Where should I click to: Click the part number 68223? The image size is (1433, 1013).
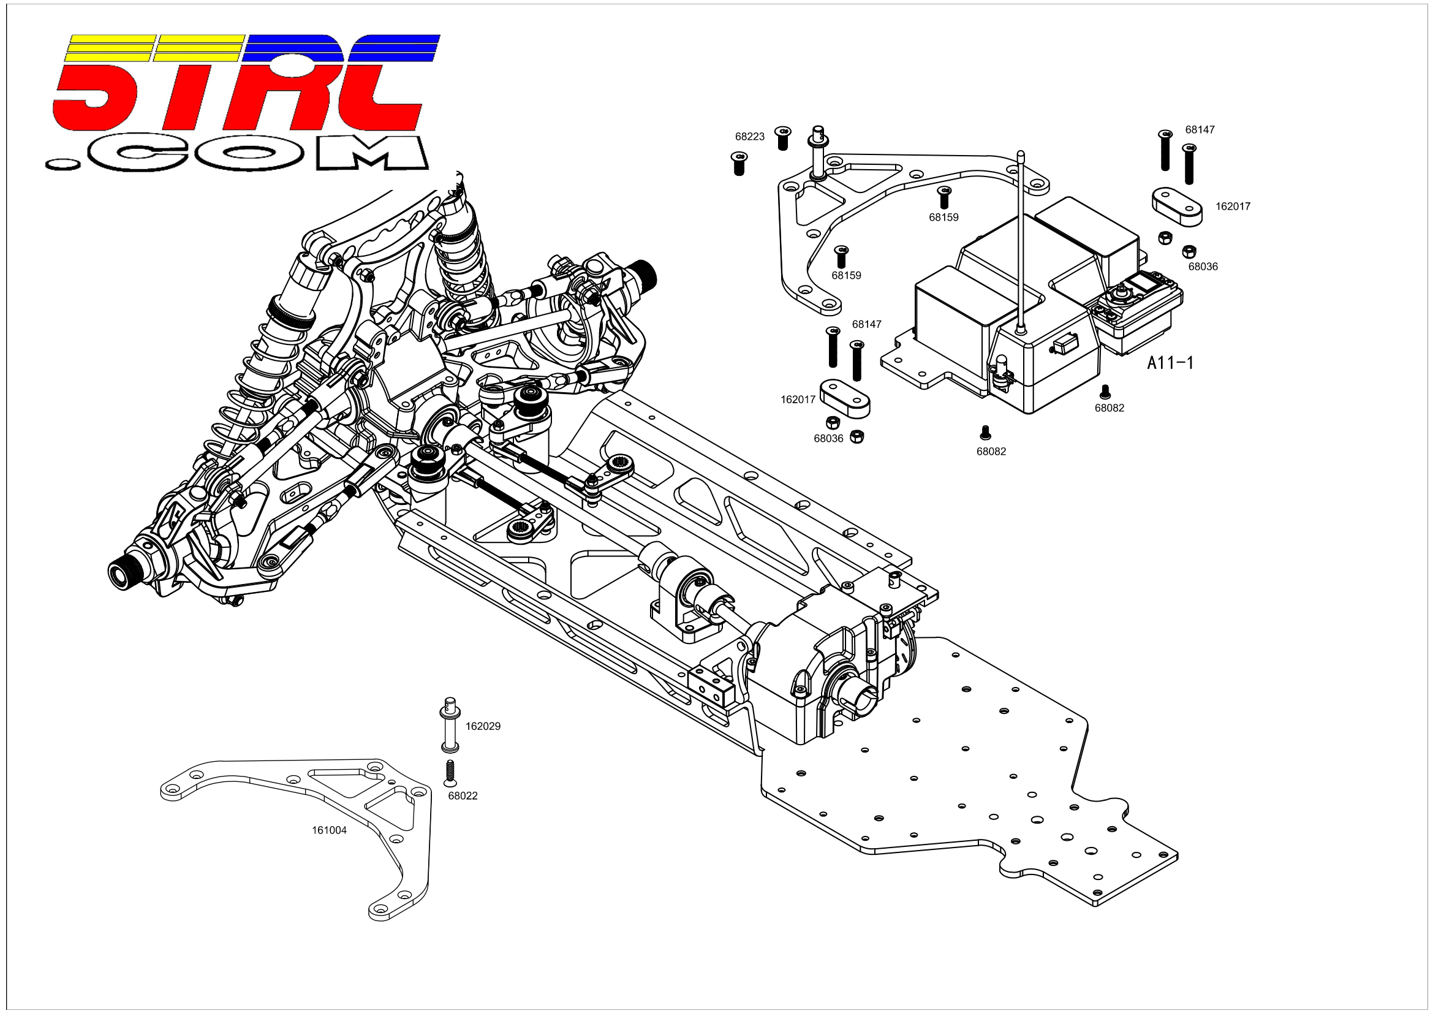(x=749, y=137)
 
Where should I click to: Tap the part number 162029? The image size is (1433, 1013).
(x=483, y=727)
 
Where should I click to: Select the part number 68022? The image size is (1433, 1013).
(x=463, y=796)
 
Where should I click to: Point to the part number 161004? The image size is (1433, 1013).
(x=330, y=830)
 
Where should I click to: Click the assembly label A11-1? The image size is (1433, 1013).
(x=1170, y=363)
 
